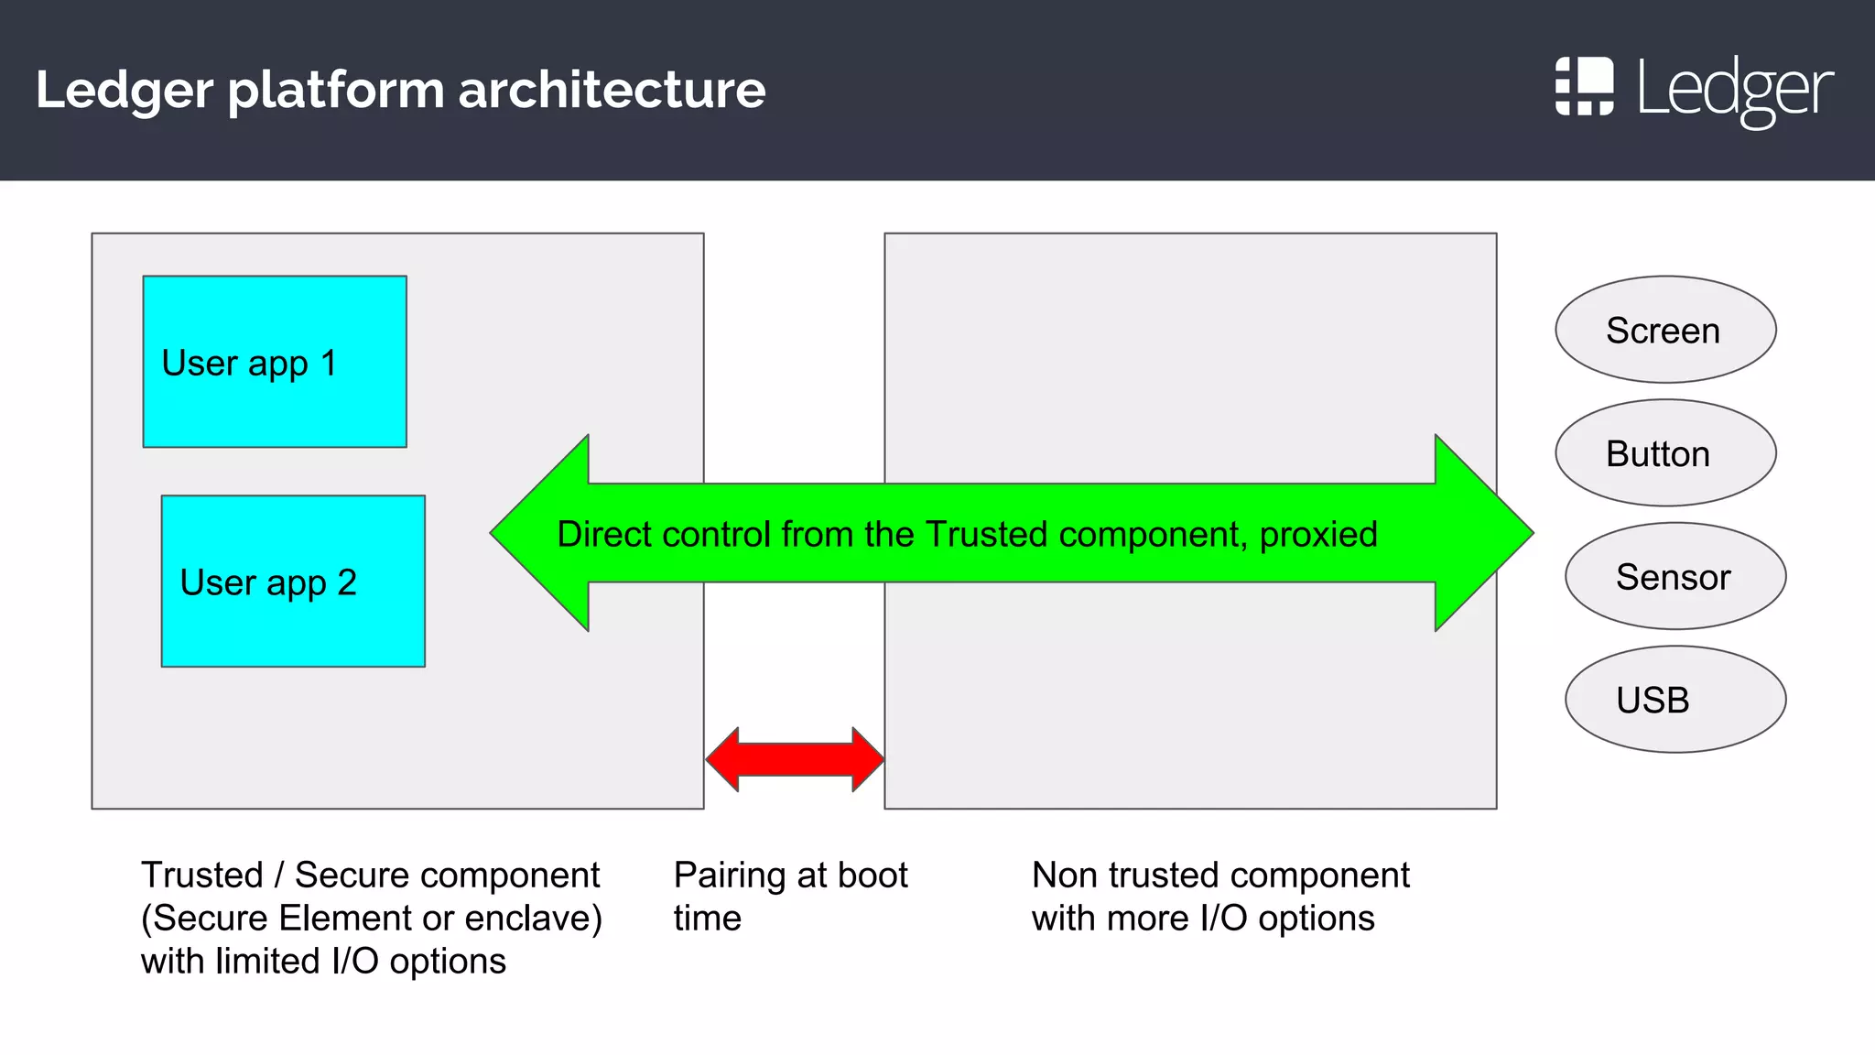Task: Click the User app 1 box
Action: click(x=275, y=362)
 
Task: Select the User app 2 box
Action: click(x=293, y=582)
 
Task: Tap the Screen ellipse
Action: click(x=1665, y=330)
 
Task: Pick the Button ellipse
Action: click(x=1665, y=453)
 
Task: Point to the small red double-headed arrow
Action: click(x=795, y=759)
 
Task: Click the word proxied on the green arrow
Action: click(x=1318, y=535)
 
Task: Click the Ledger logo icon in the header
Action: click(x=1584, y=87)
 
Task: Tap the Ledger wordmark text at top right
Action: click(x=1735, y=90)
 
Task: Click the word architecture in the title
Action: click(x=611, y=90)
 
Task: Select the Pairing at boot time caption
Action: click(x=790, y=896)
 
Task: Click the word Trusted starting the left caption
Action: click(x=202, y=876)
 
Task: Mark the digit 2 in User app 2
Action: click(x=347, y=582)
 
